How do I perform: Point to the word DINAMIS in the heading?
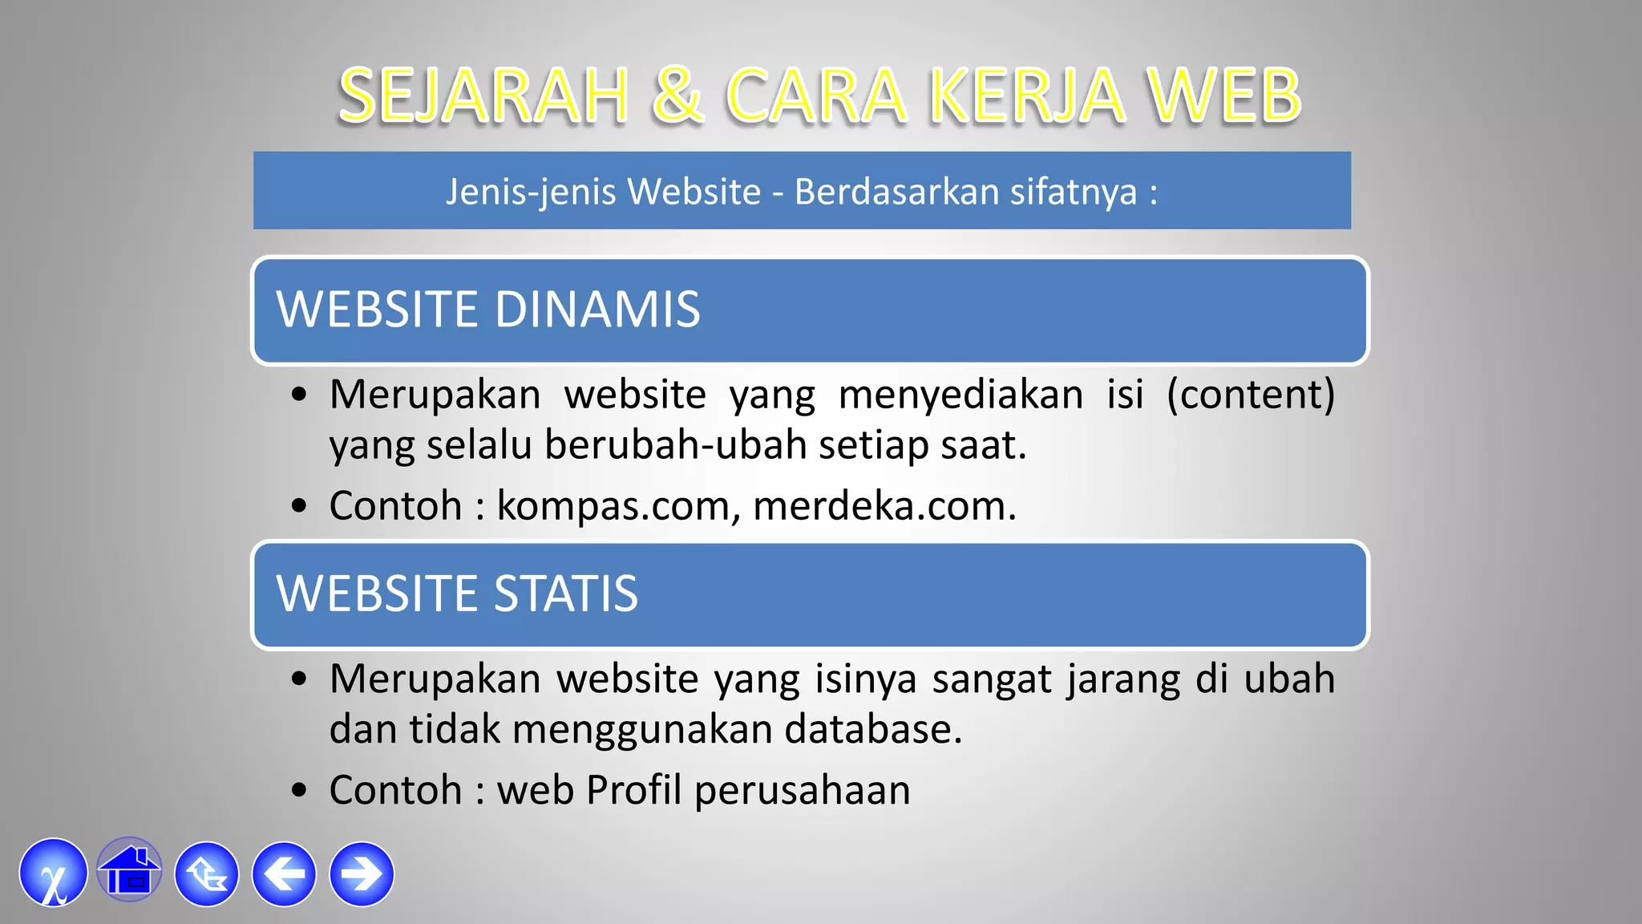point(597,310)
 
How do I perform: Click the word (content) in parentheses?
point(1251,395)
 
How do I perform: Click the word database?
point(872,730)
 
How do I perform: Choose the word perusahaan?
point(802,791)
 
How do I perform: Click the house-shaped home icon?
point(129,871)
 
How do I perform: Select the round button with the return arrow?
point(207,874)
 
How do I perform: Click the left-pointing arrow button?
point(284,874)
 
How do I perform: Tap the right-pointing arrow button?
point(362,874)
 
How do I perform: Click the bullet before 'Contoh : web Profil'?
point(300,791)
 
